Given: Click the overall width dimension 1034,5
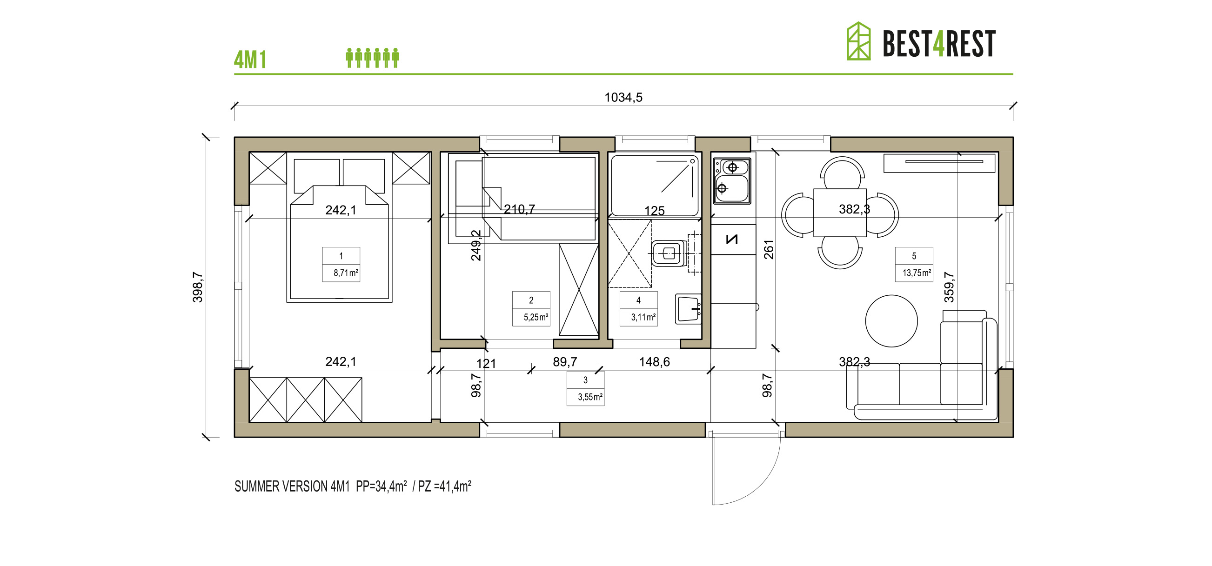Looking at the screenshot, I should (x=623, y=97).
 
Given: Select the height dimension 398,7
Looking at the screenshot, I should (x=198, y=287).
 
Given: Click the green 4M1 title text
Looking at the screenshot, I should (x=250, y=60).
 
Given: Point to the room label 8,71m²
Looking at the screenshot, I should (x=345, y=273).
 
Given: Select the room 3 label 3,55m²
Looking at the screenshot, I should (x=589, y=397).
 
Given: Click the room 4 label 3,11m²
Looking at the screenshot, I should (x=643, y=317).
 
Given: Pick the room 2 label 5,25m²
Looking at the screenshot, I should (x=536, y=317).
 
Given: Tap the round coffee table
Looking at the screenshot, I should (x=891, y=321).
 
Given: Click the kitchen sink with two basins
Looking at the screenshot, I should (x=732, y=180).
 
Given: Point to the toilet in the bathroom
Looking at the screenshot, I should (x=669, y=253).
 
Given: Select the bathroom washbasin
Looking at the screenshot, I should (x=688, y=309).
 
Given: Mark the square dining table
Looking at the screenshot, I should (x=839, y=213).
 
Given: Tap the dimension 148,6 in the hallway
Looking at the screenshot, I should (x=654, y=362).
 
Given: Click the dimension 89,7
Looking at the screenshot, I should (x=565, y=362).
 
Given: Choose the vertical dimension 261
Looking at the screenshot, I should (x=768, y=249).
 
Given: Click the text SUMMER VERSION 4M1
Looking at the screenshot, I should (x=292, y=486).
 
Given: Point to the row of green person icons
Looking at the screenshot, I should (x=372, y=58).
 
